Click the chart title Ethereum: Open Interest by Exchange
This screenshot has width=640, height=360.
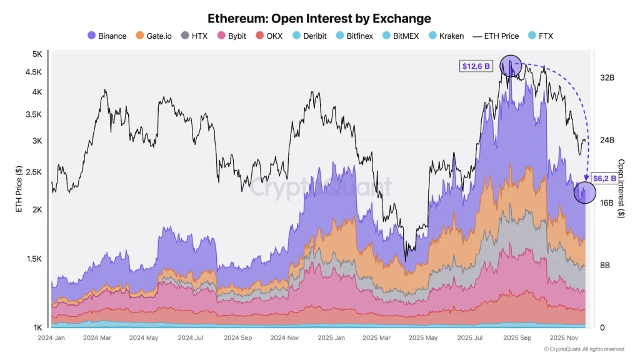319,19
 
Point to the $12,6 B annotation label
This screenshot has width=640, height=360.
476,66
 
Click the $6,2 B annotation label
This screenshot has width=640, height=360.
604,178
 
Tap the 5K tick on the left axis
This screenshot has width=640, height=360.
37,54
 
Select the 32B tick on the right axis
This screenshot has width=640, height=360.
607,78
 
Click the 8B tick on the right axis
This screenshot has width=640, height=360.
605,265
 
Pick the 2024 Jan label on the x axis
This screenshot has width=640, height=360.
52,337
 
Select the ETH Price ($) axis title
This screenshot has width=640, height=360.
19,189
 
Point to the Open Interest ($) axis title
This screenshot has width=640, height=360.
621,188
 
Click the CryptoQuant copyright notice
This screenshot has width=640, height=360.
583,349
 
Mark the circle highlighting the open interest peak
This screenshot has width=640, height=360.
511,66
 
